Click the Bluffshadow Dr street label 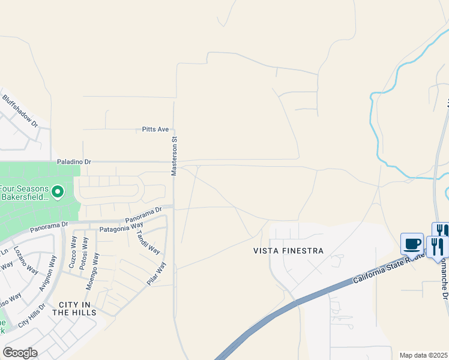pyautogui.click(x=19, y=111)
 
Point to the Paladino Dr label pyautogui.click(x=74, y=162)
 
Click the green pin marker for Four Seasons pyautogui.click(x=58, y=192)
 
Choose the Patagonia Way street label pyautogui.click(x=106, y=228)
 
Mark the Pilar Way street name pyautogui.click(x=157, y=273)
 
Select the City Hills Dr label pyautogui.click(x=31, y=316)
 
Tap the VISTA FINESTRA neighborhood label pyautogui.click(x=288, y=251)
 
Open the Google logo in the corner pyautogui.click(x=20, y=353)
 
